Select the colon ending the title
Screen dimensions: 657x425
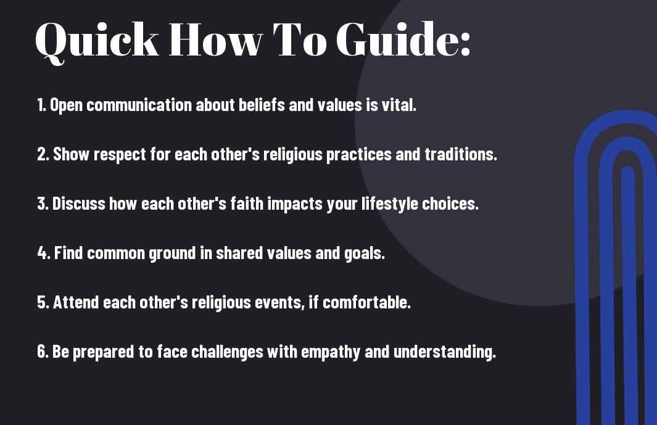tap(465, 44)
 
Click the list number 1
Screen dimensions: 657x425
tap(41, 105)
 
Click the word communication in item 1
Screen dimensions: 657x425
tap(139, 105)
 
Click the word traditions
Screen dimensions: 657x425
tap(461, 154)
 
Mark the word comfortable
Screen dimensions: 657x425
tap(366, 302)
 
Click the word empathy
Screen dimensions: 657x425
tap(331, 352)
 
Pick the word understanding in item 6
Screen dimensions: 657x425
tap(445, 352)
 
